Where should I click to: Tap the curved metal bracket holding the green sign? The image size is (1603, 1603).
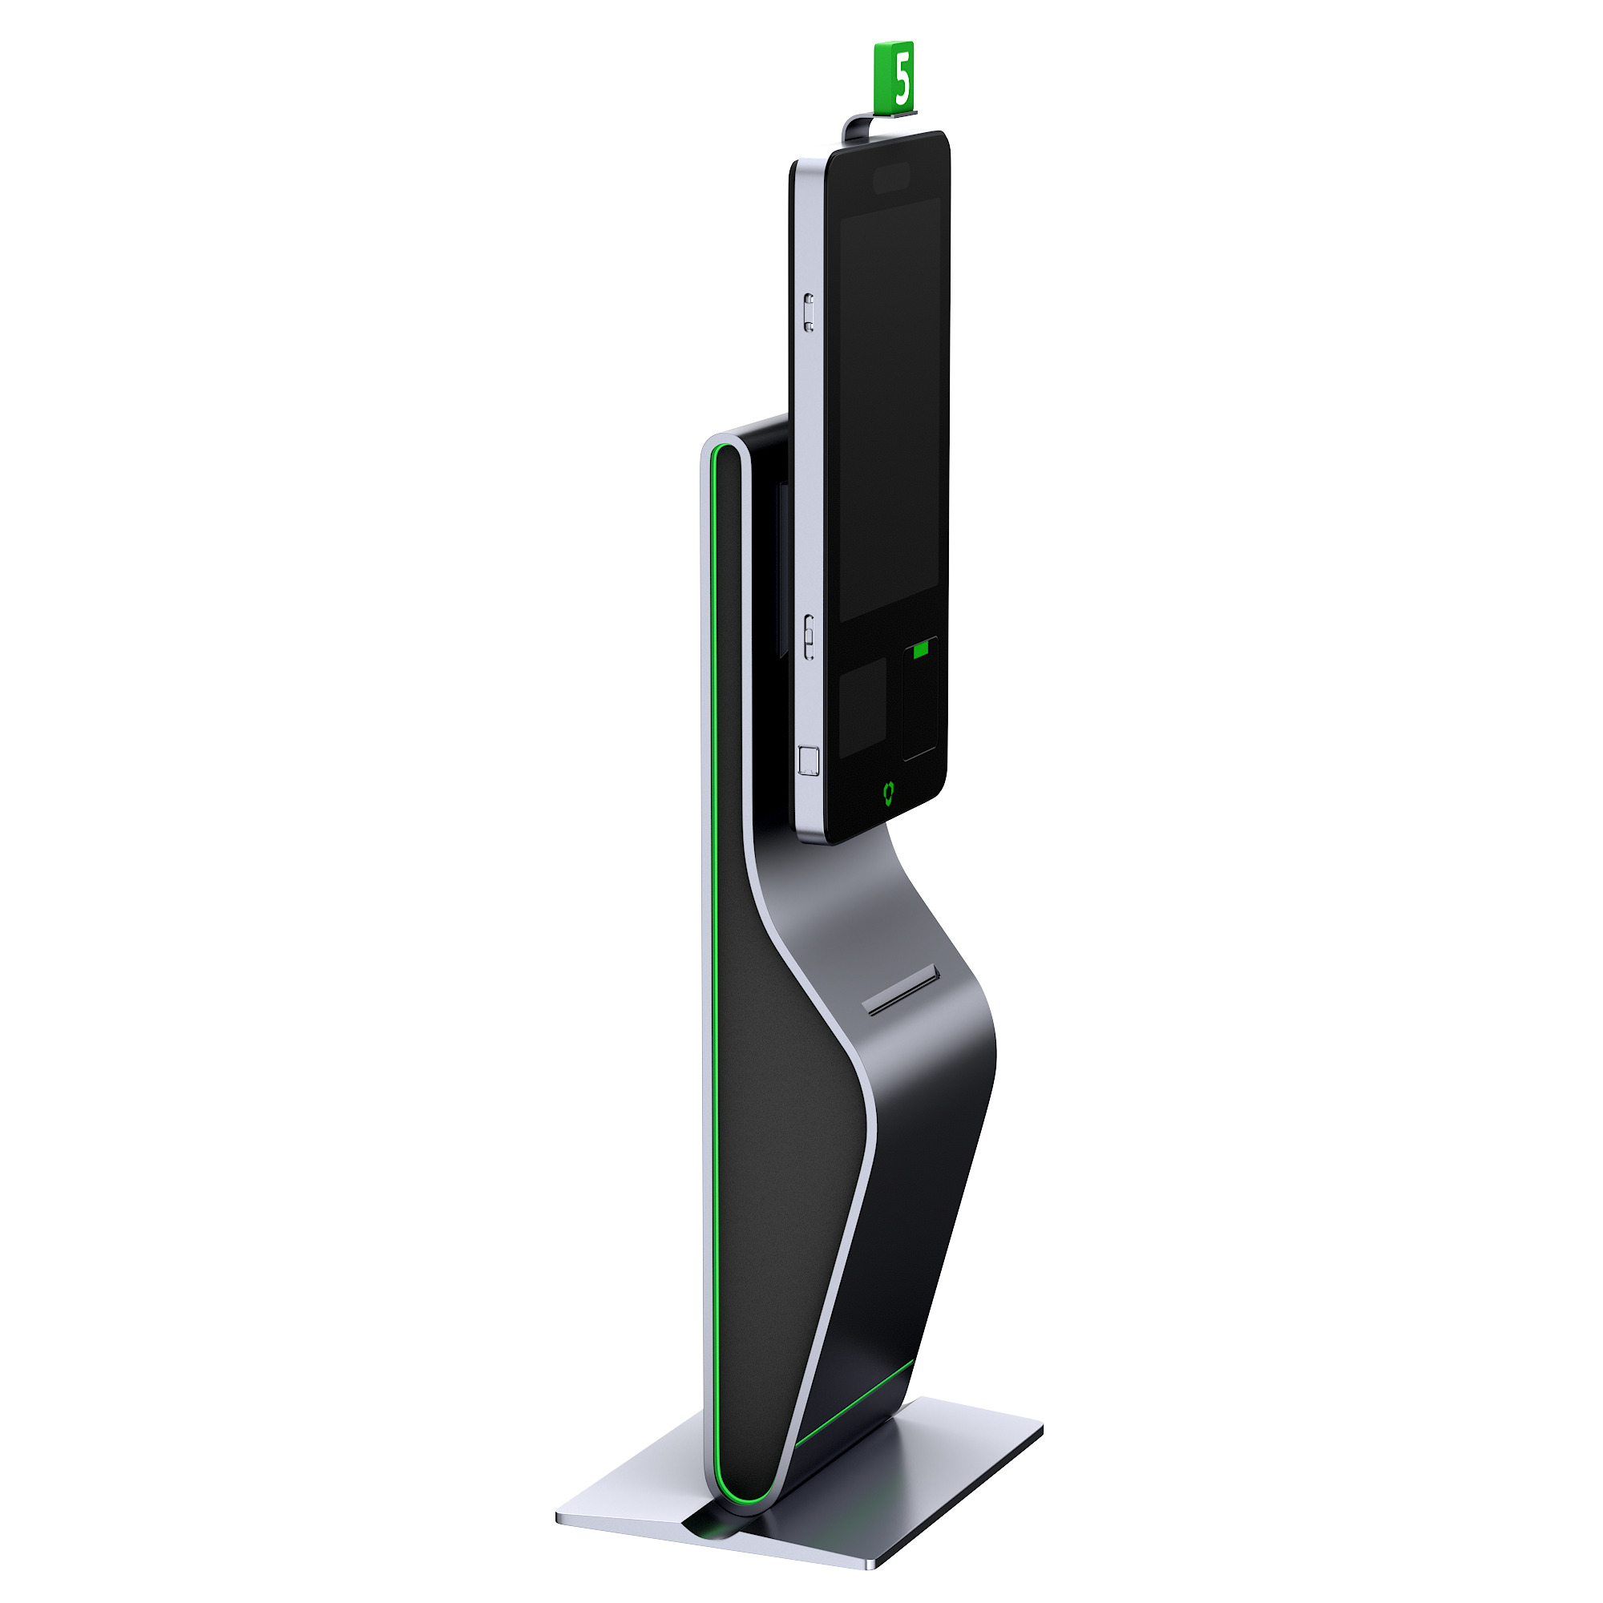pyautogui.click(x=854, y=127)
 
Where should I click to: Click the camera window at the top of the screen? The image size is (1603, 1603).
pyautogui.click(x=891, y=179)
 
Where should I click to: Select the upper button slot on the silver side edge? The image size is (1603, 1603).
pyautogui.click(x=809, y=313)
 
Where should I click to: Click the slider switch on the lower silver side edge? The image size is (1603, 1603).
pyautogui.click(x=809, y=637)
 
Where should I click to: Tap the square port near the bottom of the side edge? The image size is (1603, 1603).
pyautogui.click(x=808, y=761)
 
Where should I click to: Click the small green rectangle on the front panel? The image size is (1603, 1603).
pyautogui.click(x=920, y=652)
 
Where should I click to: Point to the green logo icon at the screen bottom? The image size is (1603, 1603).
pyautogui.click(x=889, y=793)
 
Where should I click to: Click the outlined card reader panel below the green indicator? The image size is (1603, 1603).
pyautogui.click(x=920, y=705)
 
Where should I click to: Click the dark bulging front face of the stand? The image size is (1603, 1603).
pyautogui.click(x=929, y=1161)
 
